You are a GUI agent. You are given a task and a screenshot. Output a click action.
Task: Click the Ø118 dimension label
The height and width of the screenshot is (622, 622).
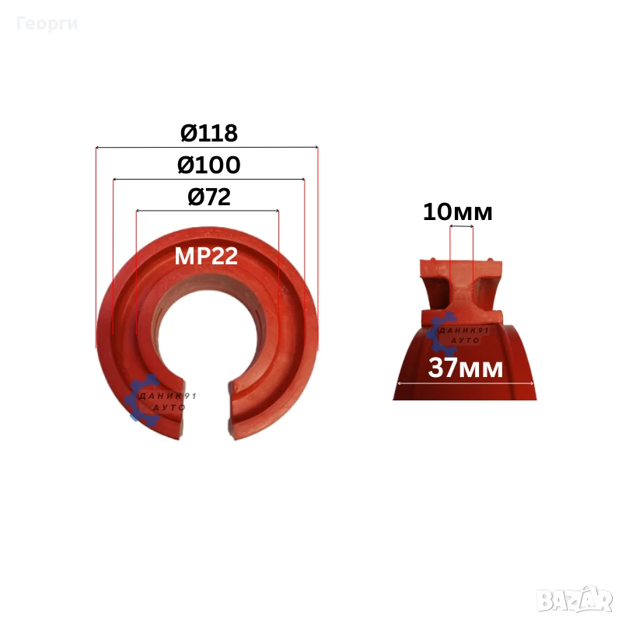click(209, 133)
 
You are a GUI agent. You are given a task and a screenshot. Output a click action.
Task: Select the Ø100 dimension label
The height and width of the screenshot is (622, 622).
click(209, 165)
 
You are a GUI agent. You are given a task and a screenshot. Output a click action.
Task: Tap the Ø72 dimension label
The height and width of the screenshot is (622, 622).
click(209, 197)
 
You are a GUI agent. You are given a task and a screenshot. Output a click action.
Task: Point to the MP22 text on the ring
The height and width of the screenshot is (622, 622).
click(206, 256)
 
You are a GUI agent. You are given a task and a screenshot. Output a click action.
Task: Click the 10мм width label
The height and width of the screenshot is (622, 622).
click(458, 211)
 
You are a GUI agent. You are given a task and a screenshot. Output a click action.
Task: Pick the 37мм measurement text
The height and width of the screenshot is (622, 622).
click(466, 368)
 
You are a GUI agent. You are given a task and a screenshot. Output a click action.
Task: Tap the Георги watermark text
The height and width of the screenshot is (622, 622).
click(47, 24)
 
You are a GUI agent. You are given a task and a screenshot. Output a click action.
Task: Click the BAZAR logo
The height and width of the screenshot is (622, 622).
click(575, 601)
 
